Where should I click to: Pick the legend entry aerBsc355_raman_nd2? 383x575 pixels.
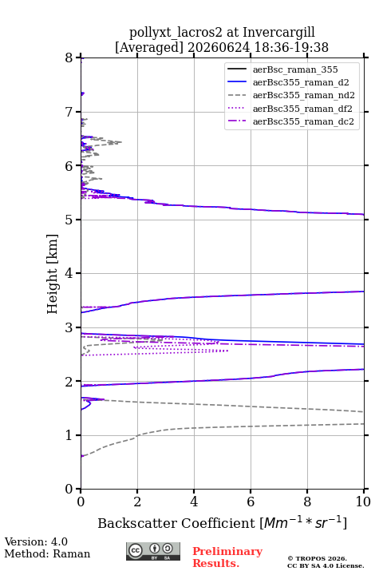[x=291, y=95]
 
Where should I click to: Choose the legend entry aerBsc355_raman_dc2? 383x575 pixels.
[x=290, y=121]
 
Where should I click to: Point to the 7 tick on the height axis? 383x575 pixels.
[x=79, y=112]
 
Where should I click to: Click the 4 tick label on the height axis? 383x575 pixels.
[x=69, y=273]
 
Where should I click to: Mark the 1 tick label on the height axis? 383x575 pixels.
[x=69, y=435]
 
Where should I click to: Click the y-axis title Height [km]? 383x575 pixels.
[x=53, y=274]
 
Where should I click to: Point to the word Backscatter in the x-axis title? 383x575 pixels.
[x=140, y=523]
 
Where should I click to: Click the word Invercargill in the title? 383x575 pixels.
[x=279, y=33]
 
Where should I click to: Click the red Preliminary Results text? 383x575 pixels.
[x=227, y=557]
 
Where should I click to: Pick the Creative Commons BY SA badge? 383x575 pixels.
[x=153, y=552]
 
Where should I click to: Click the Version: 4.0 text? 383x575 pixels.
[x=36, y=541]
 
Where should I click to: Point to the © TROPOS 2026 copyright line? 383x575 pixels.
[x=317, y=558]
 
